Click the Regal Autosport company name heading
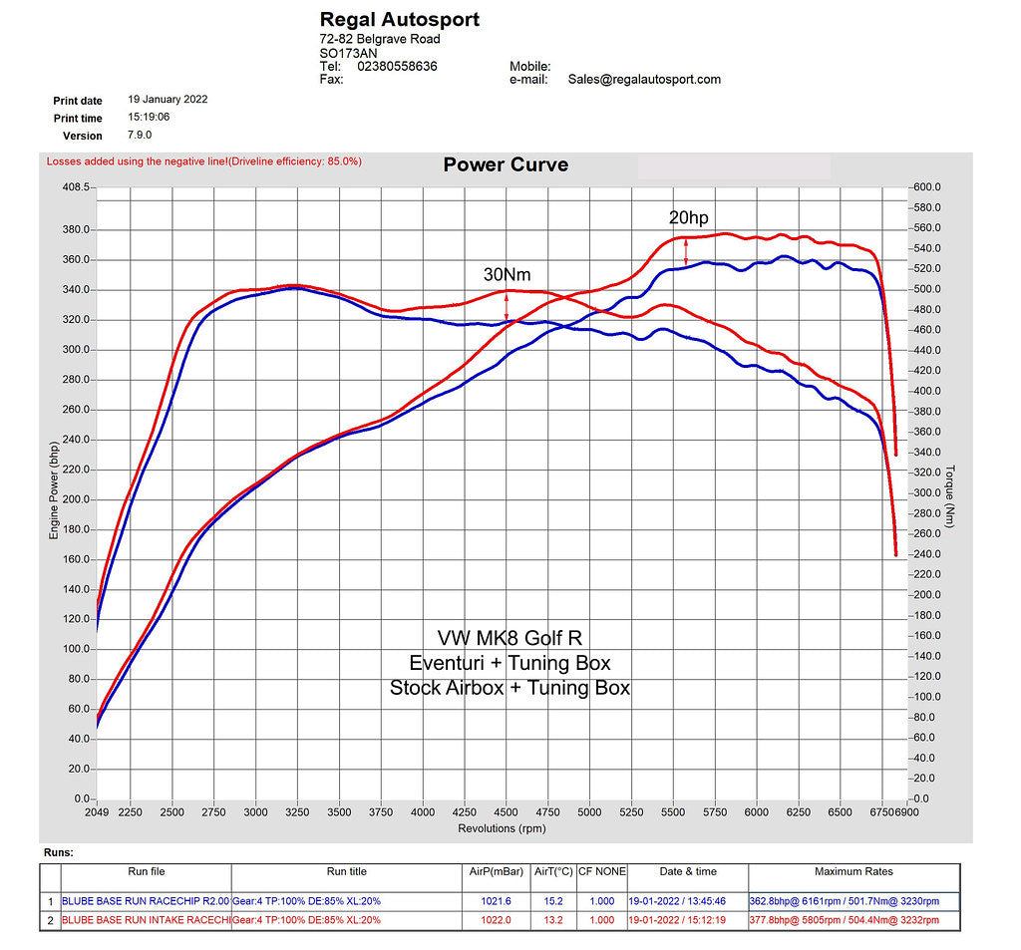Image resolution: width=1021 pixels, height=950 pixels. point(399,19)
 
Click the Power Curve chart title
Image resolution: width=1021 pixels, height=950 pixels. point(506,164)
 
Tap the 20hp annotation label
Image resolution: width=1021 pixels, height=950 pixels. point(688,218)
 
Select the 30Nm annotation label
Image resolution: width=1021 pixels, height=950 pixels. point(507,273)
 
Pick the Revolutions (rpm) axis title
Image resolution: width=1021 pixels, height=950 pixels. point(502,828)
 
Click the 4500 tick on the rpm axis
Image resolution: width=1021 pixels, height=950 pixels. point(507,812)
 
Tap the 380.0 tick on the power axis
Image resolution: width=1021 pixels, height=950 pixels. point(77,229)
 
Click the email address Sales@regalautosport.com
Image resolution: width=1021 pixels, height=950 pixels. point(644,79)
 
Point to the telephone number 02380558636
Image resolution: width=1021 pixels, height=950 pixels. point(396,66)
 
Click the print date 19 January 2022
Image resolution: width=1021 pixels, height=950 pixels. point(168,100)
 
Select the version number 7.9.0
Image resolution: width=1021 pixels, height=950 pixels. point(140,135)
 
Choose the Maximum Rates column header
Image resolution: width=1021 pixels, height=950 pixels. point(853,871)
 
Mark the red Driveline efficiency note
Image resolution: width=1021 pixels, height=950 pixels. point(204,160)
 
